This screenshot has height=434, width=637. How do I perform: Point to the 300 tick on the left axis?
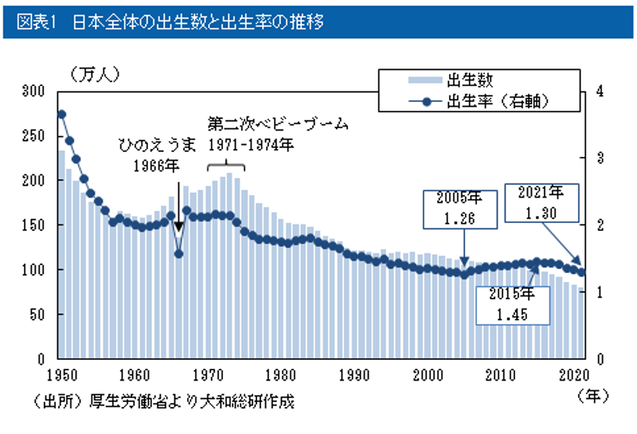click(36, 92)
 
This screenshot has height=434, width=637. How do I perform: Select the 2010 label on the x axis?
click(502, 374)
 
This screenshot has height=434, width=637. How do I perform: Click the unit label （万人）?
click(95, 75)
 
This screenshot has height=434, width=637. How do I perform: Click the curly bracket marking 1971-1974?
click(226, 166)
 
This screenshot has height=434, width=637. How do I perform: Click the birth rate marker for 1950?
click(61, 115)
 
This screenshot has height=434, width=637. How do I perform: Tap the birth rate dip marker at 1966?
click(179, 254)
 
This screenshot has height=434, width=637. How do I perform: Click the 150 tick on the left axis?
click(36, 225)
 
